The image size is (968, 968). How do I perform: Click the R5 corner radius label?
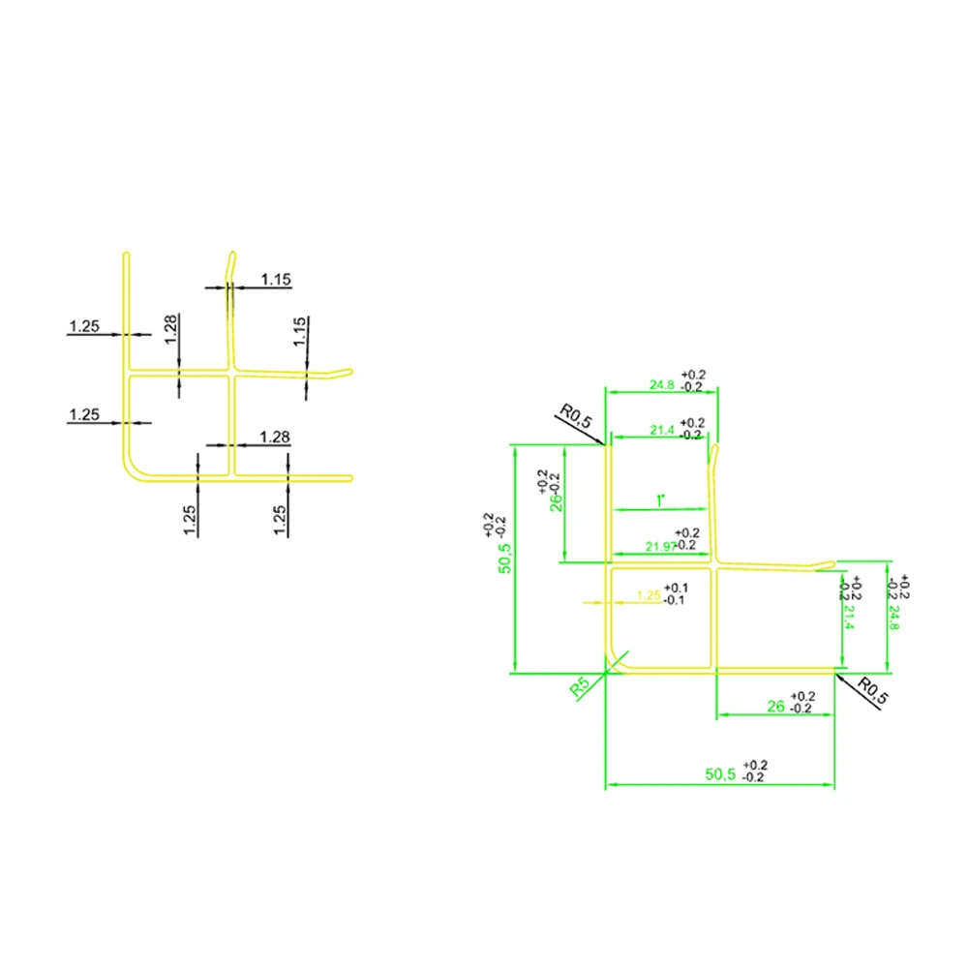[x=581, y=687]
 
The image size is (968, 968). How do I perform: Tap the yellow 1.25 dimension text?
[x=649, y=596]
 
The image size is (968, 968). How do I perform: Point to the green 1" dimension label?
[x=660, y=500]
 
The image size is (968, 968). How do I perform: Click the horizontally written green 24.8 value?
[x=663, y=384]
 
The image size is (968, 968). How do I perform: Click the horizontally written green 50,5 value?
[x=721, y=774]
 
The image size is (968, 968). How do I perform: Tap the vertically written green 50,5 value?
[x=504, y=559]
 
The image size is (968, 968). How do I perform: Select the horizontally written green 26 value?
[x=775, y=707]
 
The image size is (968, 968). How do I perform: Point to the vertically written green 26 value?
[x=557, y=502]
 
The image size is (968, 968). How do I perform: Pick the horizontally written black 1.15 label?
[x=276, y=280]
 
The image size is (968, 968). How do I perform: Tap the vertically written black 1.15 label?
[x=300, y=332]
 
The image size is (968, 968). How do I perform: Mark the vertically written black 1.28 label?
[x=170, y=329]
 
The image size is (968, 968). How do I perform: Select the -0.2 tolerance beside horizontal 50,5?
[x=755, y=777]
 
